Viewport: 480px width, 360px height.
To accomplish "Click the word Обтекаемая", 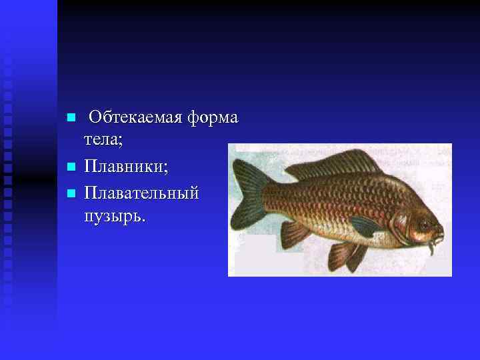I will click(x=136, y=118).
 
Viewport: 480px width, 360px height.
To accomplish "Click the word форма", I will click(x=213, y=118).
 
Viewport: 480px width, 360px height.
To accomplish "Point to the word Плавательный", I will click(x=141, y=193).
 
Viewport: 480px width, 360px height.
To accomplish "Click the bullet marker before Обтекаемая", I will click(x=71, y=118).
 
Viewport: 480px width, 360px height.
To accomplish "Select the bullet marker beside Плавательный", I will click(x=71, y=193).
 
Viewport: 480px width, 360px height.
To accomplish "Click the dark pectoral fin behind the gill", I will click(x=364, y=227).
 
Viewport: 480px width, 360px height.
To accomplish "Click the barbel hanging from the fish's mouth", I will click(x=432, y=248).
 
